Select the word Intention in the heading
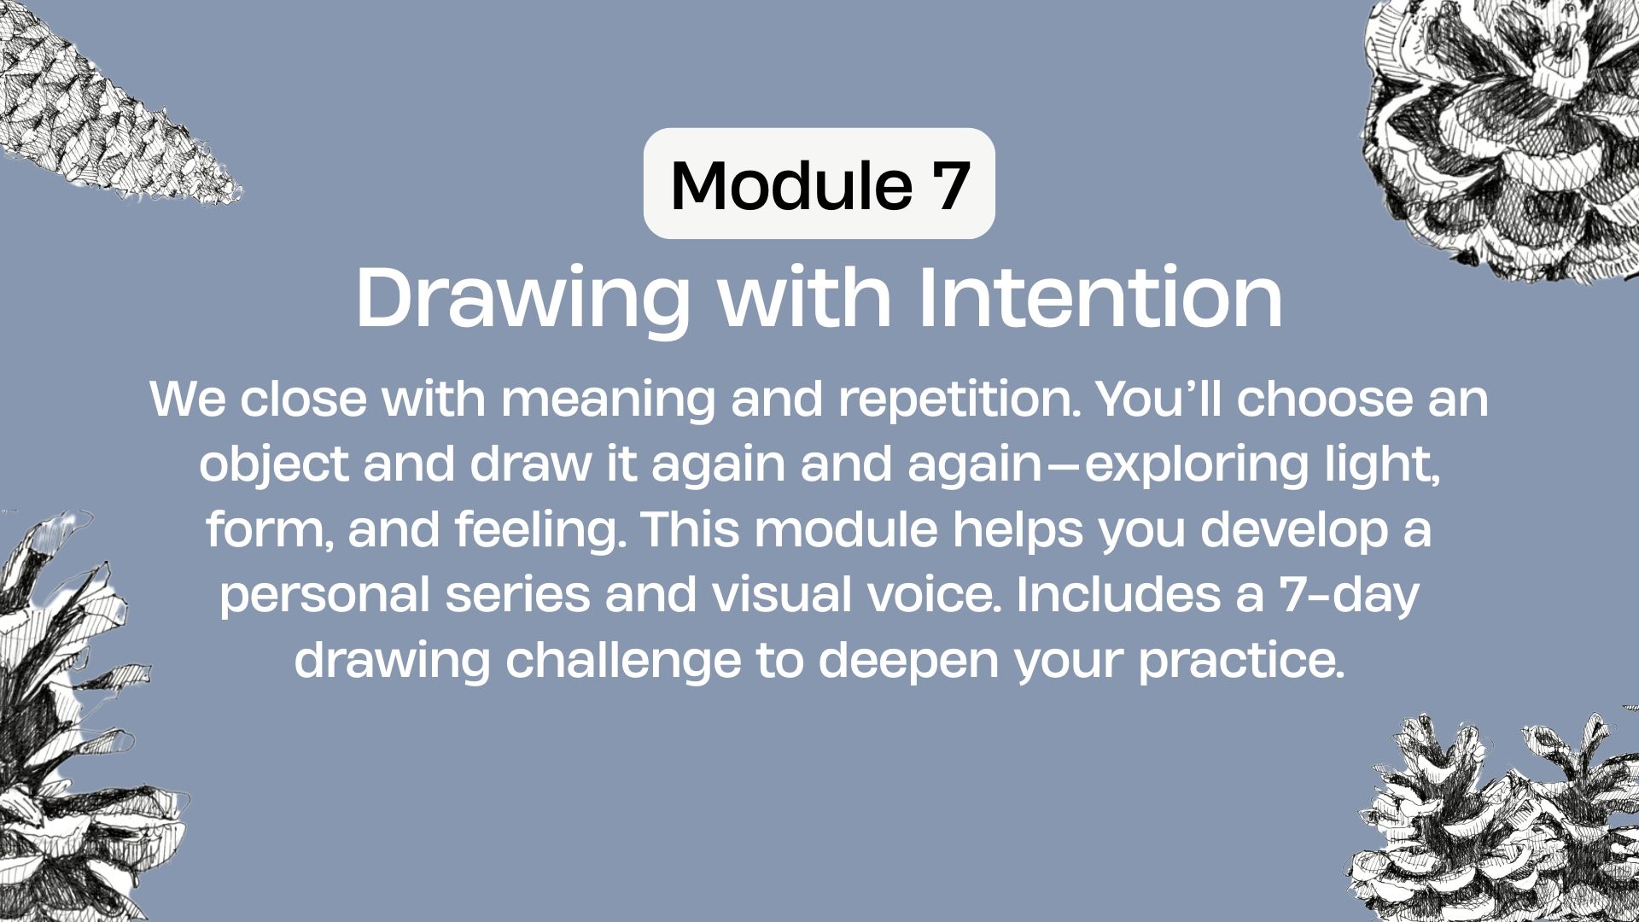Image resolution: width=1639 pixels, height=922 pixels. pos(1100,298)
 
